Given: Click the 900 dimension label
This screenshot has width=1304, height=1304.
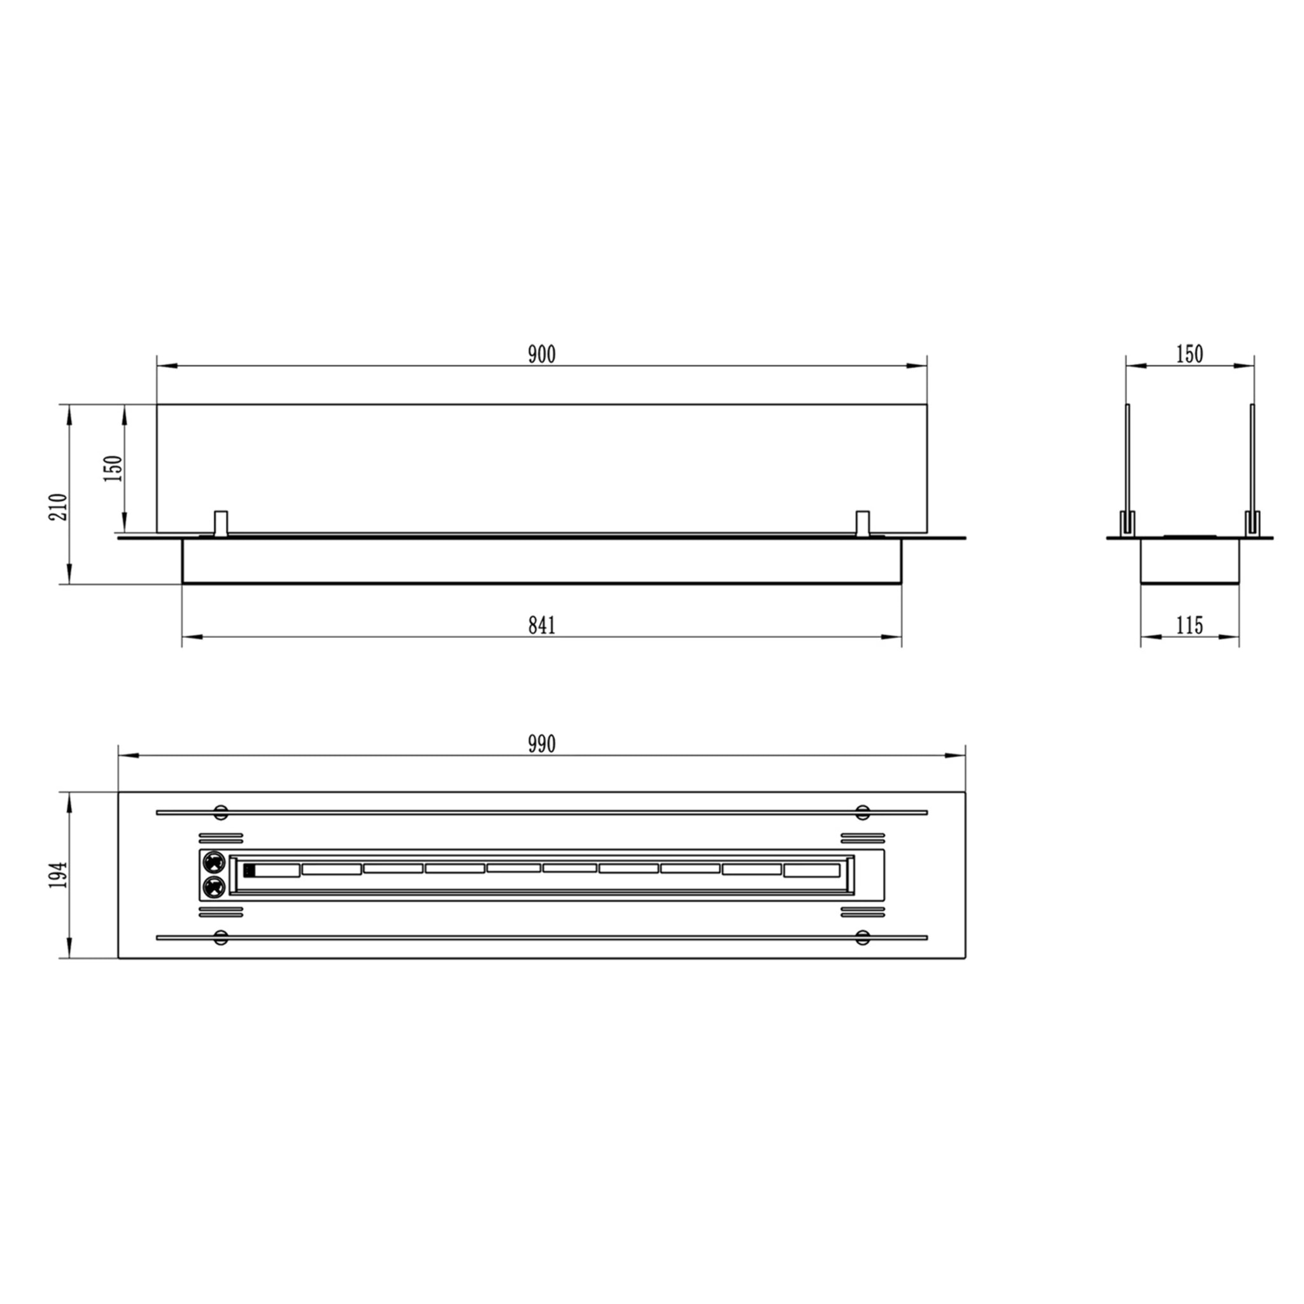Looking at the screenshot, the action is [541, 355].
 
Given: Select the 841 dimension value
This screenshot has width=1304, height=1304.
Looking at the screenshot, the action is [541, 626].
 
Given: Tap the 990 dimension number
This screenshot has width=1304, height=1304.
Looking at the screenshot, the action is [541, 744].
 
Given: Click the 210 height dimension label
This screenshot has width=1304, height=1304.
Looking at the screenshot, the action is [59, 507].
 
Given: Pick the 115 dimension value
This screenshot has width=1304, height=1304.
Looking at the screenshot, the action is [1189, 626].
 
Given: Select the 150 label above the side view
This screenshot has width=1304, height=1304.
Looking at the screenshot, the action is [1189, 355].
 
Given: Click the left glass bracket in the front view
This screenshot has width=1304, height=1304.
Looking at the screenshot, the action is [220, 524].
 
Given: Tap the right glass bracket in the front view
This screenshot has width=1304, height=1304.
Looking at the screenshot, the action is [862, 524].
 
